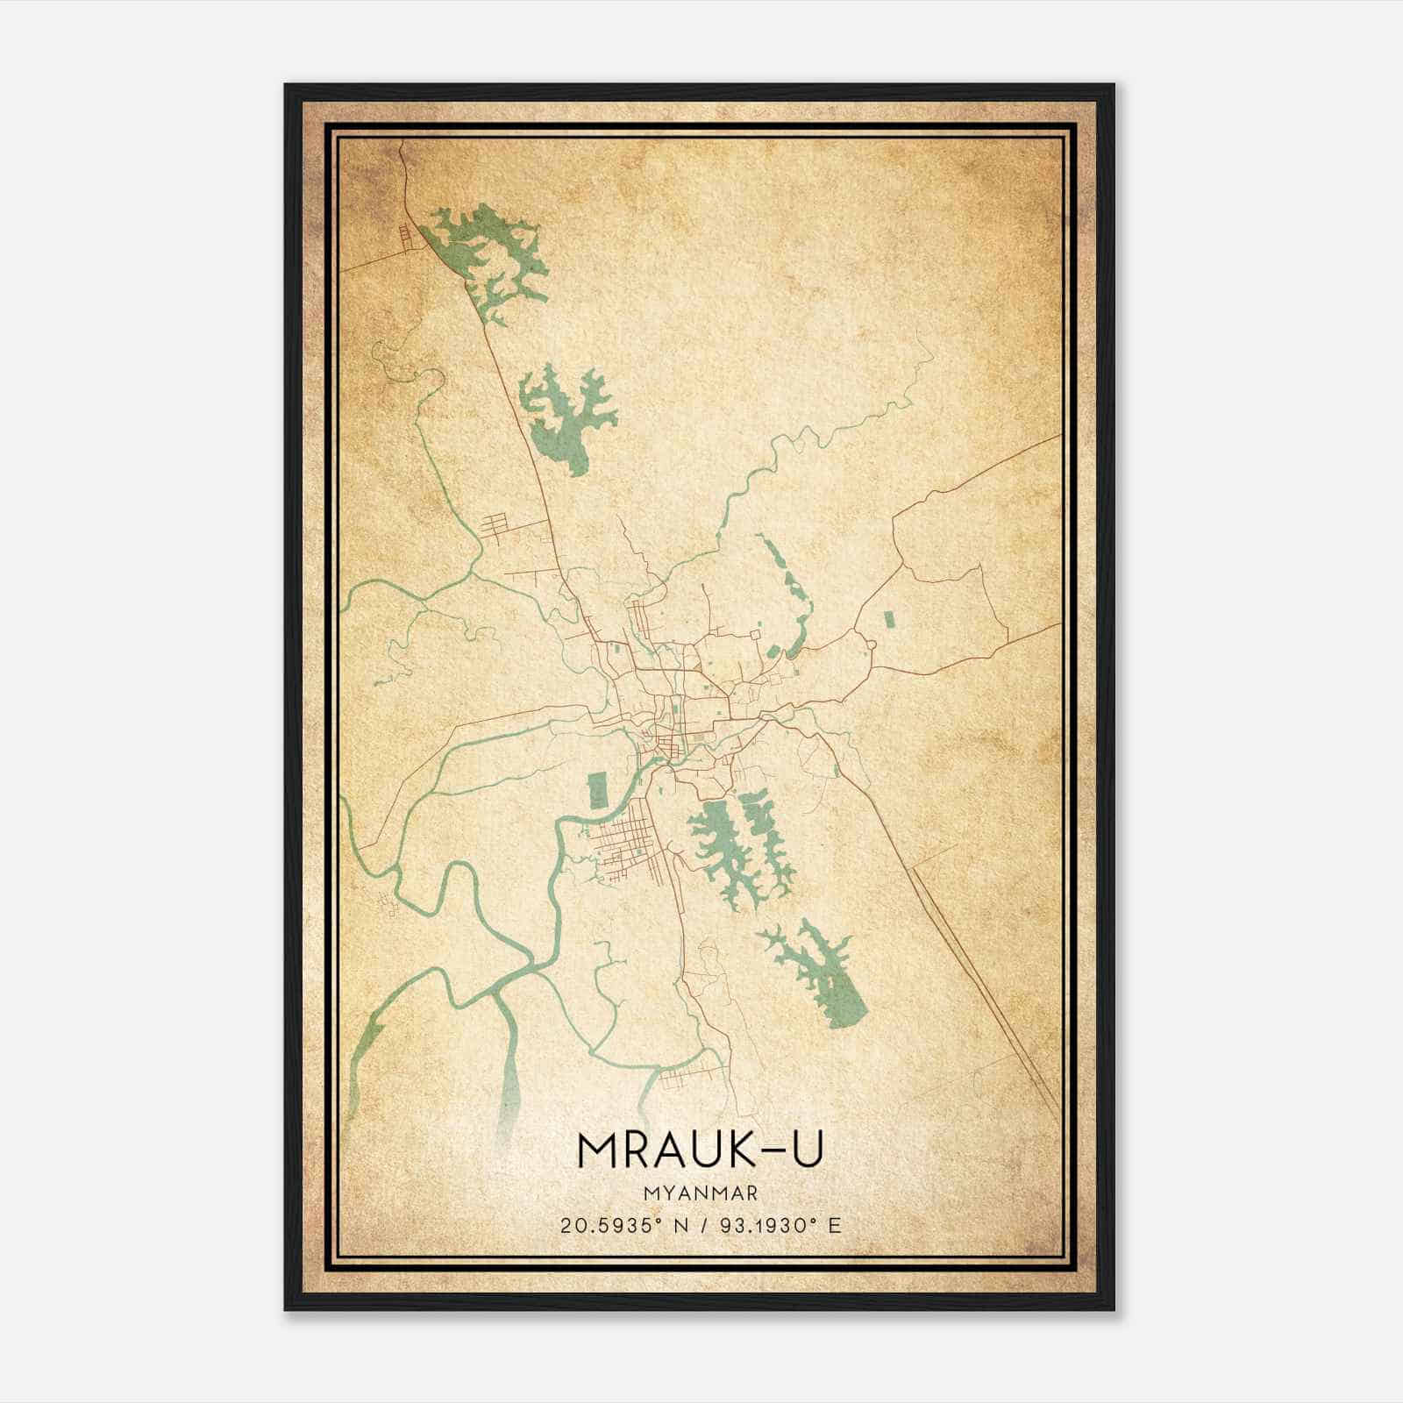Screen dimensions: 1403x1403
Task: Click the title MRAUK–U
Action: tap(700, 1151)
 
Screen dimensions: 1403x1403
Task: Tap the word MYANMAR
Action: tap(700, 1193)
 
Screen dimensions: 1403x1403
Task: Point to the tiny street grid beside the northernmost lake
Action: tap(405, 237)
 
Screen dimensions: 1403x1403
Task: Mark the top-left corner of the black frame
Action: tap(287, 86)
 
